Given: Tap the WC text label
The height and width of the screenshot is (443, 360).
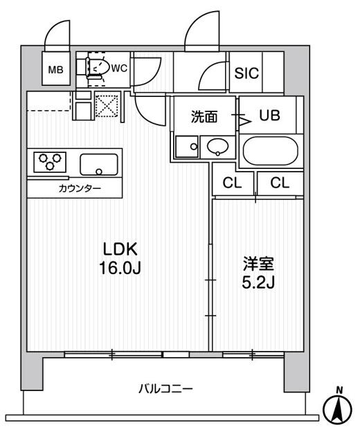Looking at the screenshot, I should (x=119, y=68).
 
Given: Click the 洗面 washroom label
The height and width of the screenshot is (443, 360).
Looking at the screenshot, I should (x=205, y=116).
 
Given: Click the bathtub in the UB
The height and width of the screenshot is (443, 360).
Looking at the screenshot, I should (x=269, y=150).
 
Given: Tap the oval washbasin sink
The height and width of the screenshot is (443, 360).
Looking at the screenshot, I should (x=216, y=147).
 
